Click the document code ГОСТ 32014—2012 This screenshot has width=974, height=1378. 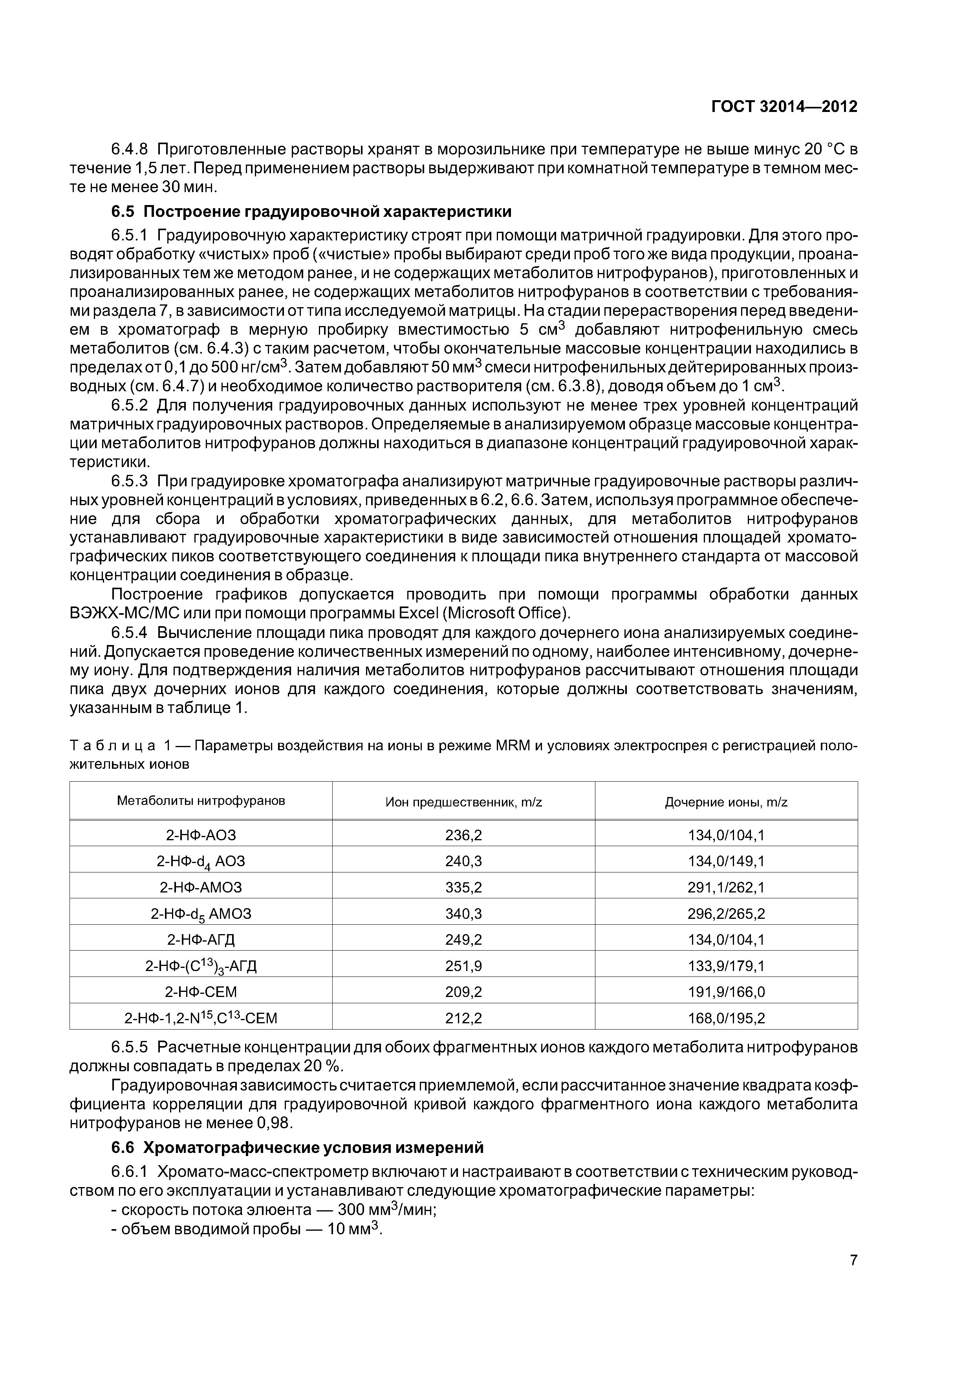point(784,107)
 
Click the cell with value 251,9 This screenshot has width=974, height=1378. point(463,966)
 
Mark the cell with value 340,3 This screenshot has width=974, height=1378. point(463,913)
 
